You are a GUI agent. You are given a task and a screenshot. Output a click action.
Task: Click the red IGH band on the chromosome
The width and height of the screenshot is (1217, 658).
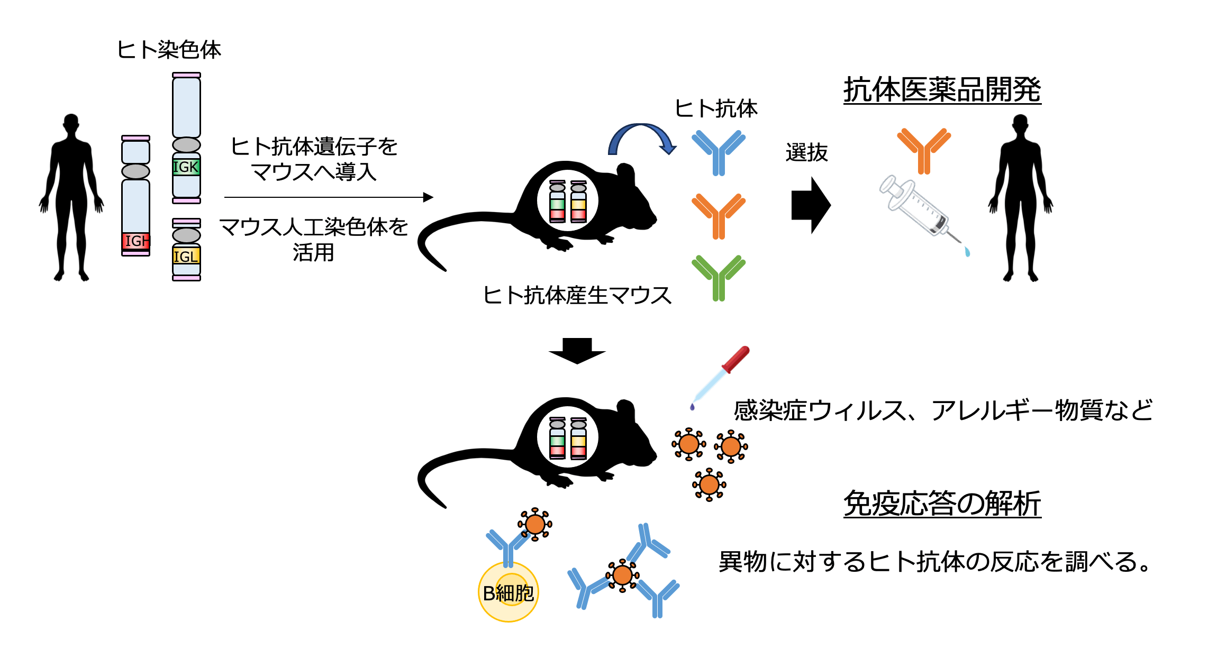pos(136,241)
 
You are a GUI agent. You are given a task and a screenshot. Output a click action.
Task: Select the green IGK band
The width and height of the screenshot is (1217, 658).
pos(186,167)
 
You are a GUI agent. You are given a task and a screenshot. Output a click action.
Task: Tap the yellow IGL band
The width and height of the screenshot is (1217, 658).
pos(186,257)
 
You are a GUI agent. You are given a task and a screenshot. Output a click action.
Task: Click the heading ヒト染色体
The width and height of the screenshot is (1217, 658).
pos(169,50)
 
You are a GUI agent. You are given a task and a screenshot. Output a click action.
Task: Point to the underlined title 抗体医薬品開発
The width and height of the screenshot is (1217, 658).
pos(942,90)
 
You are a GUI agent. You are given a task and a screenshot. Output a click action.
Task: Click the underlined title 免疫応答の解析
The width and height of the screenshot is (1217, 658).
pos(942,503)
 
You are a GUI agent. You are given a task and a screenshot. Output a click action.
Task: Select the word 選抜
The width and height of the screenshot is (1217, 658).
pos(806,153)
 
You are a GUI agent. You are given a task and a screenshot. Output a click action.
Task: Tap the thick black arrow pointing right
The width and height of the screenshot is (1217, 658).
pos(811,205)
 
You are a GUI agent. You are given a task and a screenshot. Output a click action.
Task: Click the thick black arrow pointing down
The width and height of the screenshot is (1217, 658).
pos(577,351)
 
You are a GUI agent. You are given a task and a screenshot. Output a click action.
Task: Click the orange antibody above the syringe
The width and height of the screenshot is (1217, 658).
pos(924,150)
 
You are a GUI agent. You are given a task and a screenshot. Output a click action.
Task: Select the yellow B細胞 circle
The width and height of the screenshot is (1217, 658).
pos(508,592)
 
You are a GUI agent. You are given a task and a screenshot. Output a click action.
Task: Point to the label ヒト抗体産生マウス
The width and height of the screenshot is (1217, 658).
pos(577,295)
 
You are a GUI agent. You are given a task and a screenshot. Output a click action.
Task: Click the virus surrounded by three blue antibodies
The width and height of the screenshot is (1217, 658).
pos(622,575)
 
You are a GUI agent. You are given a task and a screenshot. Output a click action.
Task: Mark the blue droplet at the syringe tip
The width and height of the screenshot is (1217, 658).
pos(967,252)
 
